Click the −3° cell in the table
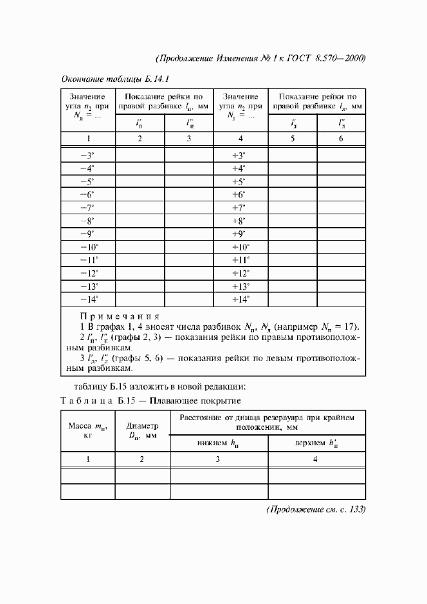(87, 156)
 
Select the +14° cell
(240, 299)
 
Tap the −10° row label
(87, 247)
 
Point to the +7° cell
(240, 208)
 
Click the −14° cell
(87, 299)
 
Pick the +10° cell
(240, 247)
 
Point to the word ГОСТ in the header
(295, 58)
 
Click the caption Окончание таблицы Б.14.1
(114, 80)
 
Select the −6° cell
(87, 195)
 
